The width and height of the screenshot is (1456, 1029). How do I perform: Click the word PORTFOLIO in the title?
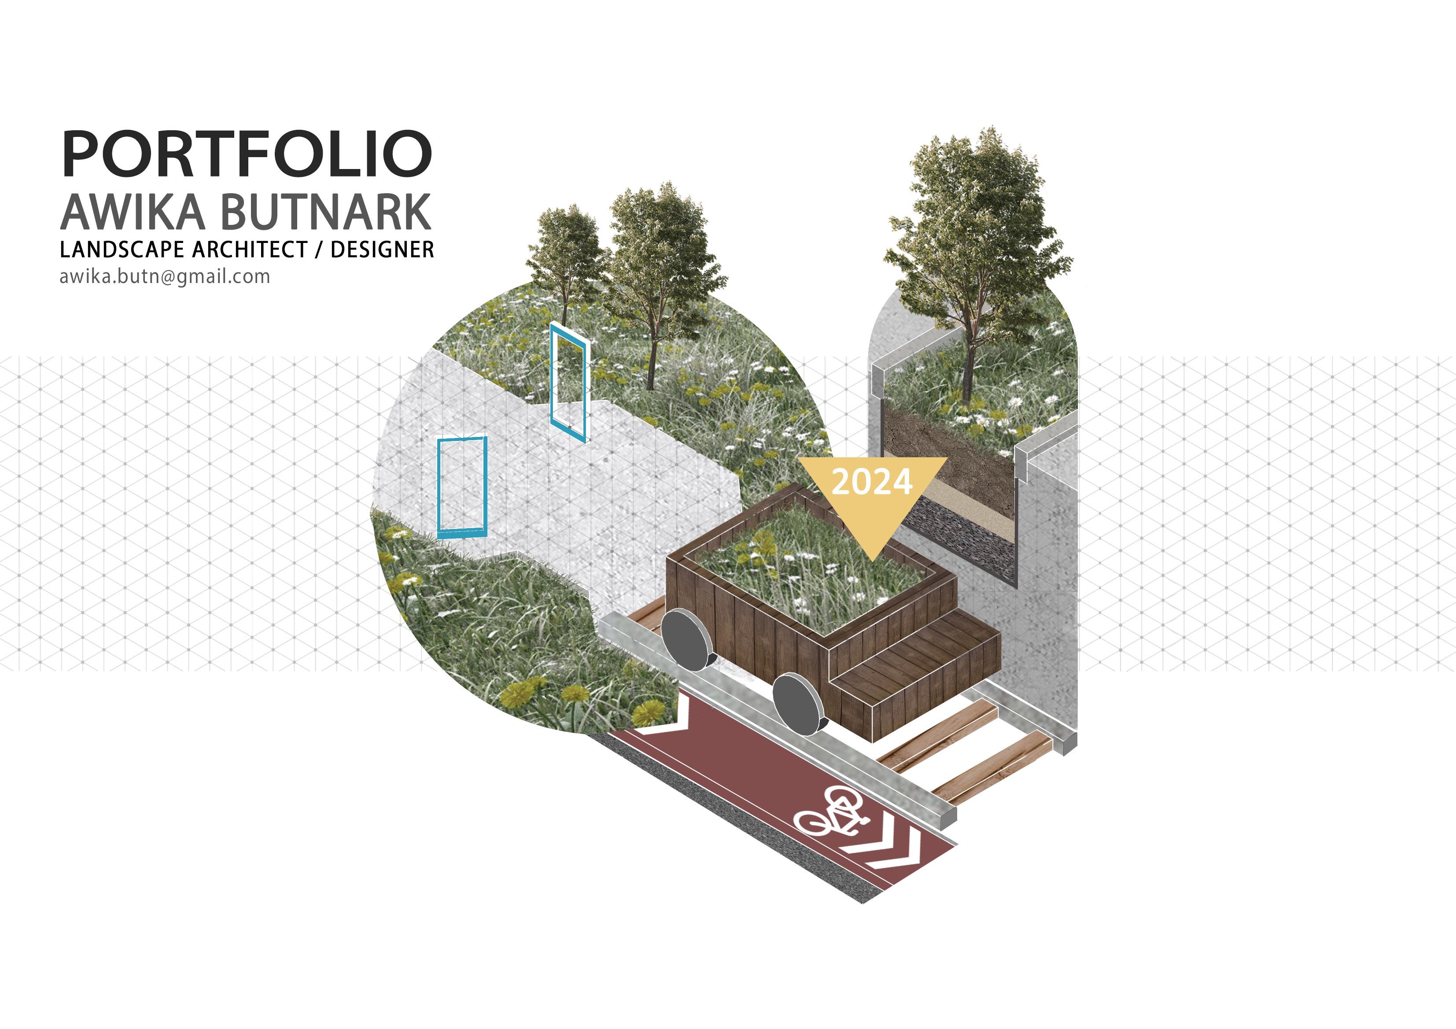click(247, 154)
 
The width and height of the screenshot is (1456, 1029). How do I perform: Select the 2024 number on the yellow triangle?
click(872, 482)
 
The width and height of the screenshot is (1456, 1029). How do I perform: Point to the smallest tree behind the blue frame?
click(564, 254)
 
